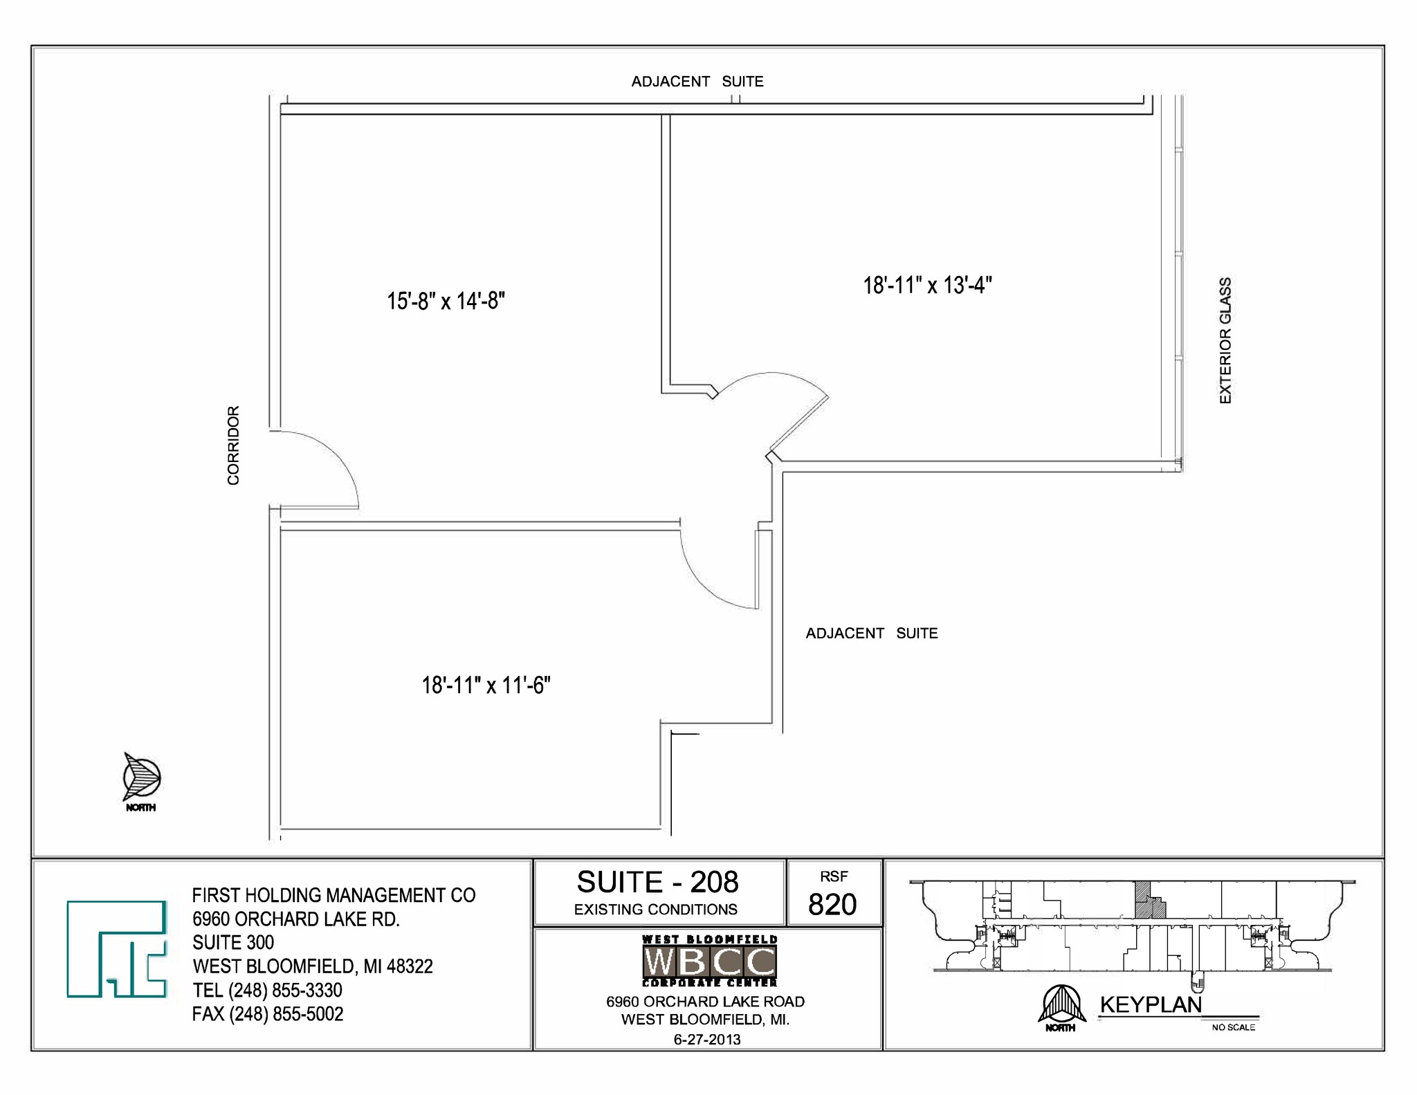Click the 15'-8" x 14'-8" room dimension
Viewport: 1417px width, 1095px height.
pyautogui.click(x=446, y=302)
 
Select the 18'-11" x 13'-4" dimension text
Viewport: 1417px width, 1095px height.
pyautogui.click(x=927, y=286)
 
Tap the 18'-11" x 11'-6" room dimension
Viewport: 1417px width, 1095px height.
pyautogui.click(x=486, y=685)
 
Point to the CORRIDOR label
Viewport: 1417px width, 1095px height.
pyautogui.click(x=233, y=445)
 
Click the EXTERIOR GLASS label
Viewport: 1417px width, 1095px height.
pyautogui.click(x=1225, y=340)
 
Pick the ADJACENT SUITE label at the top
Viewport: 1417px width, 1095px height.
pyautogui.click(x=697, y=82)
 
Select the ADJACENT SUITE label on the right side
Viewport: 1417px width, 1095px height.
pyautogui.click(x=871, y=634)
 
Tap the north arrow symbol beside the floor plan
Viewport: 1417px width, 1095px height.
pyautogui.click(x=141, y=777)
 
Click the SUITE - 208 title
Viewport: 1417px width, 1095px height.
pyautogui.click(x=657, y=883)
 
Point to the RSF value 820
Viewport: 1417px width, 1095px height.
pyautogui.click(x=832, y=905)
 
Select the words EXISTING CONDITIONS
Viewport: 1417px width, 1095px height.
pyautogui.click(x=655, y=910)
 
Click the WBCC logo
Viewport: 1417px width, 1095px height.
pyautogui.click(x=709, y=961)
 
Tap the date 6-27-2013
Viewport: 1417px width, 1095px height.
pyautogui.click(x=706, y=1039)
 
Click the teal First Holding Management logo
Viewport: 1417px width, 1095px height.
pyautogui.click(x=116, y=948)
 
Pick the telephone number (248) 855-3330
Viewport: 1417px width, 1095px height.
pyautogui.click(x=285, y=991)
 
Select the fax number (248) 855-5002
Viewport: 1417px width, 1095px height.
pyautogui.click(x=286, y=1014)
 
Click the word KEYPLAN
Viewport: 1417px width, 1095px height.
pyautogui.click(x=1151, y=1005)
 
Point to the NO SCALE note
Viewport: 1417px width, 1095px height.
pyautogui.click(x=1233, y=1027)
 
